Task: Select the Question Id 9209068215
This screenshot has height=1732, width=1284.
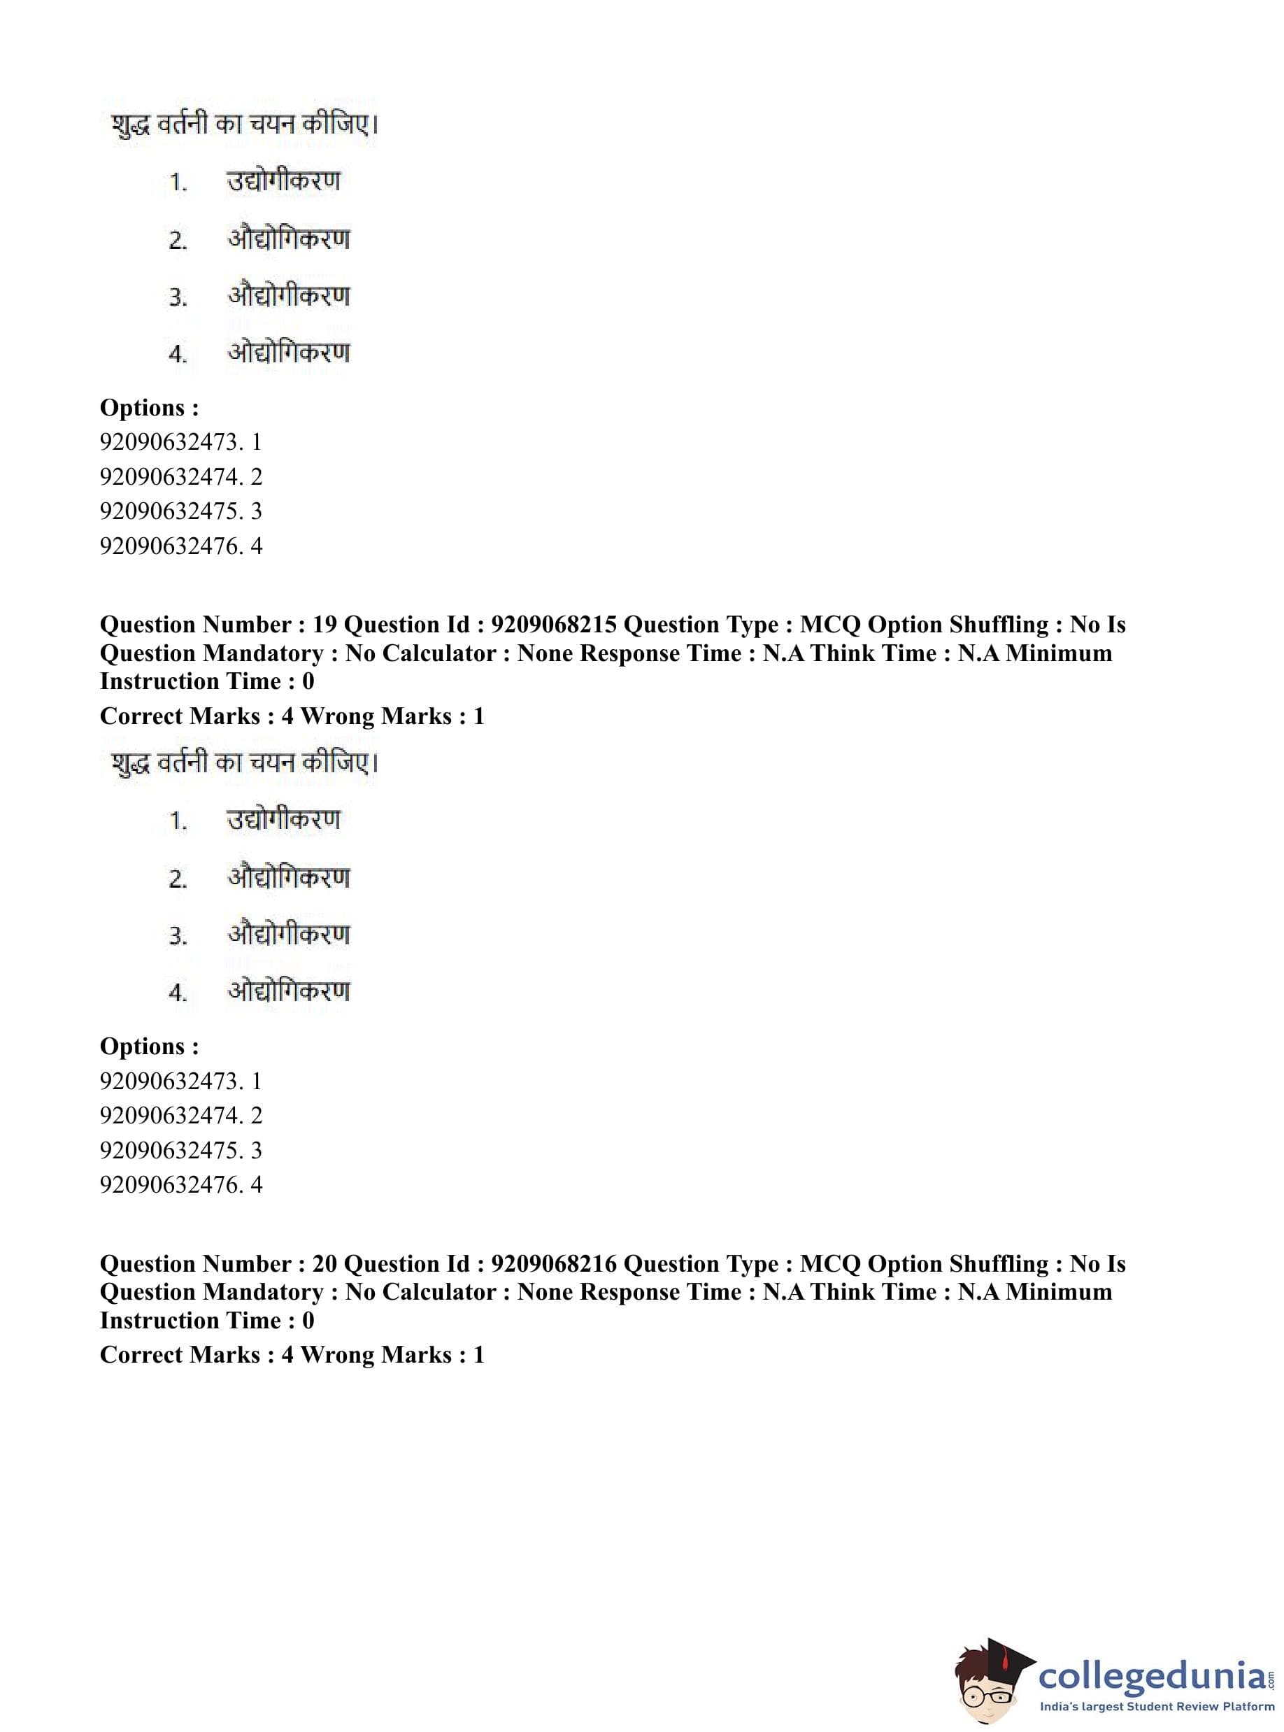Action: click(x=553, y=625)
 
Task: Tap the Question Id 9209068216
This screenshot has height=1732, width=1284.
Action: click(x=553, y=1264)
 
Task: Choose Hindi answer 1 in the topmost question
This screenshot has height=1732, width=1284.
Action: click(x=284, y=182)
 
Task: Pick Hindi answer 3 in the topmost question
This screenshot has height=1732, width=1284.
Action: click(x=288, y=296)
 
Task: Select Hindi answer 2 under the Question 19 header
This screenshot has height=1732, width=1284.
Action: click(x=288, y=878)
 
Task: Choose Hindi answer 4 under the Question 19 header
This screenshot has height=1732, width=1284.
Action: click(x=288, y=991)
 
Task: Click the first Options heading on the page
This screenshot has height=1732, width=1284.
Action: click(x=149, y=407)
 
